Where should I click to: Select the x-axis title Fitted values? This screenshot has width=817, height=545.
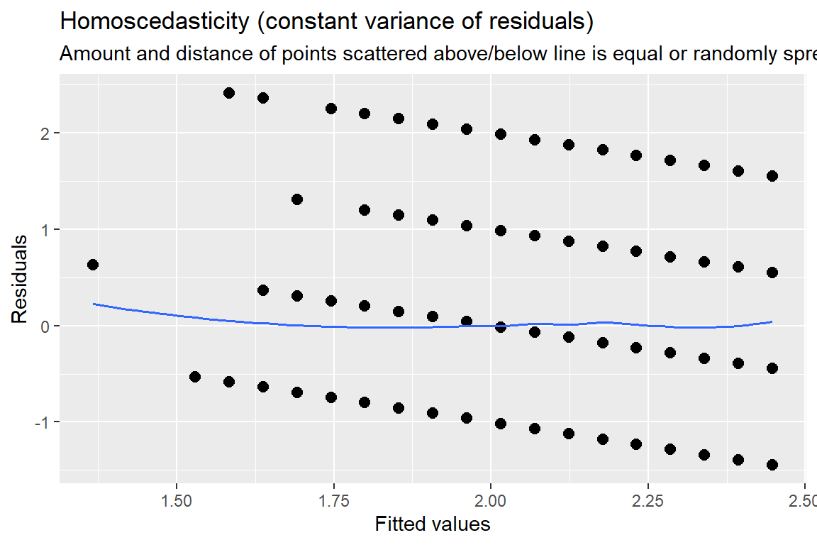(x=432, y=524)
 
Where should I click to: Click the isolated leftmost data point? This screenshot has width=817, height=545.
(x=92, y=265)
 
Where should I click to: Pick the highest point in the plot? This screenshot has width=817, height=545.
(x=228, y=93)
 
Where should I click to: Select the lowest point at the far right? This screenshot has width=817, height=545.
(x=772, y=465)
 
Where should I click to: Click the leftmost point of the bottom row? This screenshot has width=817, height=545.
(x=195, y=377)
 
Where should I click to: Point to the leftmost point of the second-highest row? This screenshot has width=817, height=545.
(x=297, y=199)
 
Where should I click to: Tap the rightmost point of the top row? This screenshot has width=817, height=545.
(x=772, y=176)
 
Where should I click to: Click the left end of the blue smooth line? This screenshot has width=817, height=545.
(x=94, y=304)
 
